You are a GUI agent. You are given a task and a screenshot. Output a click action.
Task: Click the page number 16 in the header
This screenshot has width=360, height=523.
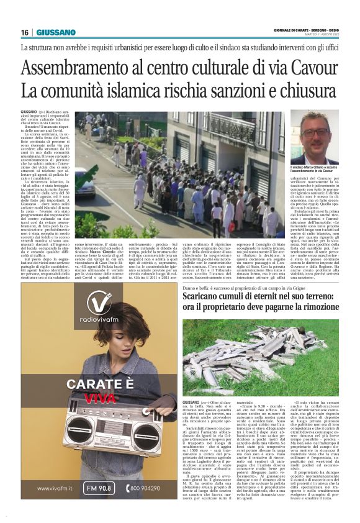coord(25,32)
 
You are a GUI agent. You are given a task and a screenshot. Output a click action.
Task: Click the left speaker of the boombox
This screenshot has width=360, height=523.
coord(78,434)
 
